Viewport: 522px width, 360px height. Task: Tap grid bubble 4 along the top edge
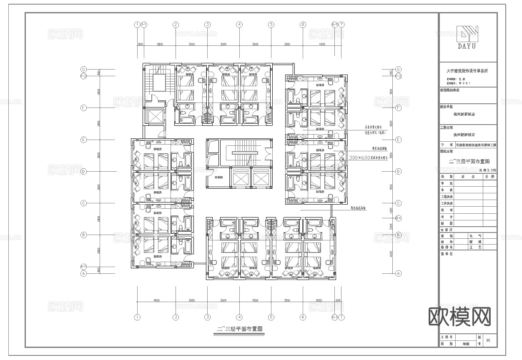click(x=239, y=25)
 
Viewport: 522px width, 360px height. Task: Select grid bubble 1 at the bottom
click(x=137, y=317)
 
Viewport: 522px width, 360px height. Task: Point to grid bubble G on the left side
click(x=84, y=69)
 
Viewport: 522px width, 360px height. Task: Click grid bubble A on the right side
click(x=398, y=273)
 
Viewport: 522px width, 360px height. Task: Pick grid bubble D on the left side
click(x=84, y=171)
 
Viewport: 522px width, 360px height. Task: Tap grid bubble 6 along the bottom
click(x=303, y=317)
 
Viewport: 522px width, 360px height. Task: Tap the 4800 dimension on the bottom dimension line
click(x=156, y=300)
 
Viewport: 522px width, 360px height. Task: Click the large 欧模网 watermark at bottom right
click(x=460, y=317)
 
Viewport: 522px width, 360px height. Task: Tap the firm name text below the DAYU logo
click(x=467, y=71)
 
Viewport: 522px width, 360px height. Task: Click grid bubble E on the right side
click(x=398, y=140)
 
